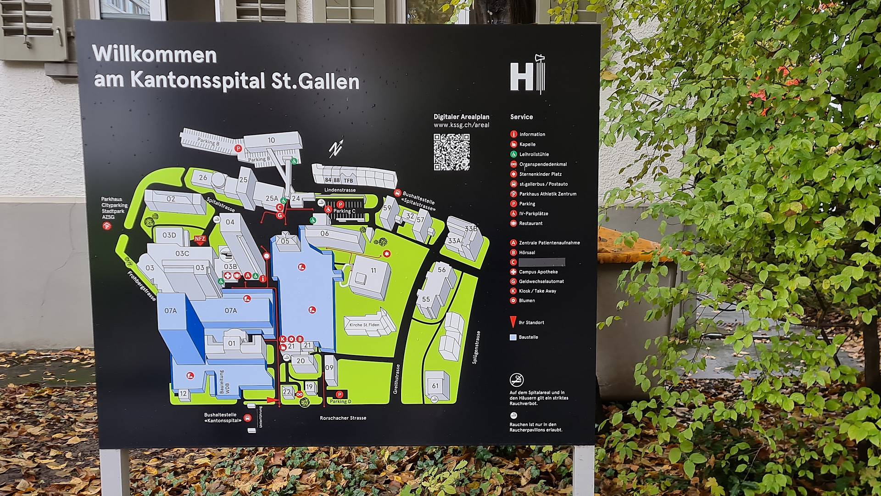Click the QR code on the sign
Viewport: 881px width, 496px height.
(x=452, y=152)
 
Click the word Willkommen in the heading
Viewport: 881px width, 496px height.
(x=154, y=55)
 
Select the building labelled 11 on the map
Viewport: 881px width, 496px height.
(x=370, y=276)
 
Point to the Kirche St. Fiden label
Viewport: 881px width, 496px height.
(x=364, y=325)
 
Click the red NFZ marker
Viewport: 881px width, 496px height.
(x=200, y=239)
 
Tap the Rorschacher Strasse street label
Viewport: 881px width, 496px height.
(x=343, y=418)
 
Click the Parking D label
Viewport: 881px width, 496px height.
(x=340, y=401)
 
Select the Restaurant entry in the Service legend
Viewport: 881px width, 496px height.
(x=530, y=224)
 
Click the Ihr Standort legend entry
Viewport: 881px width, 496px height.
(x=531, y=322)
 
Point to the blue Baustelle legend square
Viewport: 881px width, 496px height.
(x=513, y=337)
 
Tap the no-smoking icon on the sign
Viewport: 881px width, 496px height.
(x=517, y=380)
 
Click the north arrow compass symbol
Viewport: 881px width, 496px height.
(x=336, y=148)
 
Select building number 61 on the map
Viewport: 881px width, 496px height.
(x=435, y=386)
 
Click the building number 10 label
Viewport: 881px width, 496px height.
(x=271, y=140)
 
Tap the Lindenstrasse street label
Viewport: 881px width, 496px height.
(x=340, y=190)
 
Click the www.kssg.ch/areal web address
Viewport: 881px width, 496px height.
(x=461, y=125)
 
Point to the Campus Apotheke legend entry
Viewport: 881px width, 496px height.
(x=538, y=272)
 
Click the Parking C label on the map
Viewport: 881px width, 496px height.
(x=344, y=211)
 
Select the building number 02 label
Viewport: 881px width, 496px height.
(x=171, y=199)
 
